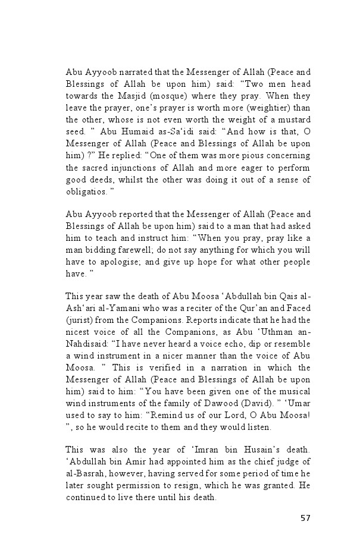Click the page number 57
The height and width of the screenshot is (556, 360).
tap(305, 518)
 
